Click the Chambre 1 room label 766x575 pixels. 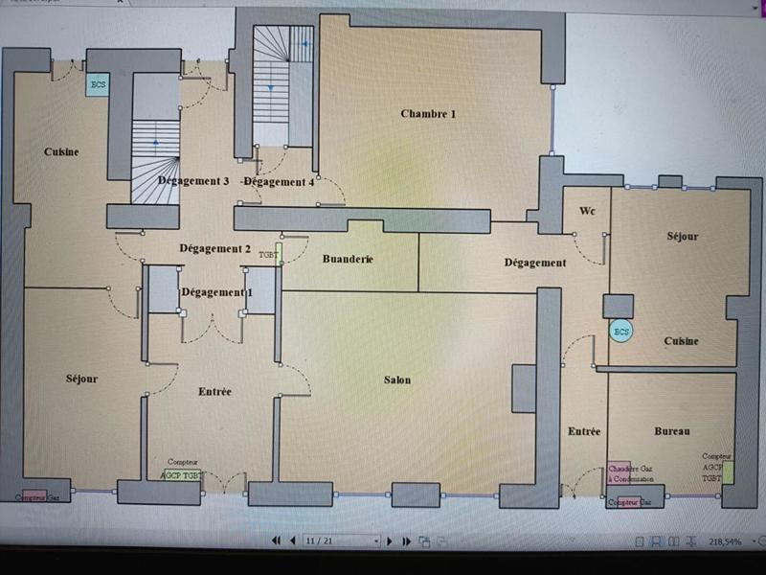click(428, 114)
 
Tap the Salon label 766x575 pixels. click(397, 380)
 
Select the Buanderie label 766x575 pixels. click(348, 260)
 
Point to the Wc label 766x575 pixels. click(588, 211)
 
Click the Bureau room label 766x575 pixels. click(672, 431)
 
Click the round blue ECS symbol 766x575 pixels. click(621, 332)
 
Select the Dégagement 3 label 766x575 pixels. click(193, 181)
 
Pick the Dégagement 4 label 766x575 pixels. click(279, 181)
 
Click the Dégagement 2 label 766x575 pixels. click(214, 249)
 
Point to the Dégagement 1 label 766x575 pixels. click(216, 292)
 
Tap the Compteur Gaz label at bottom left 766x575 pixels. click(36, 497)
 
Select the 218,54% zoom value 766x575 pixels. click(725, 541)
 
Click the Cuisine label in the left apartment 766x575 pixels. click(60, 152)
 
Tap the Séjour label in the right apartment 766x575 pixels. click(682, 237)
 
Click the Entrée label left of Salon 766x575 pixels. click(214, 392)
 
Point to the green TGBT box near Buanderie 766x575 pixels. click(277, 254)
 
